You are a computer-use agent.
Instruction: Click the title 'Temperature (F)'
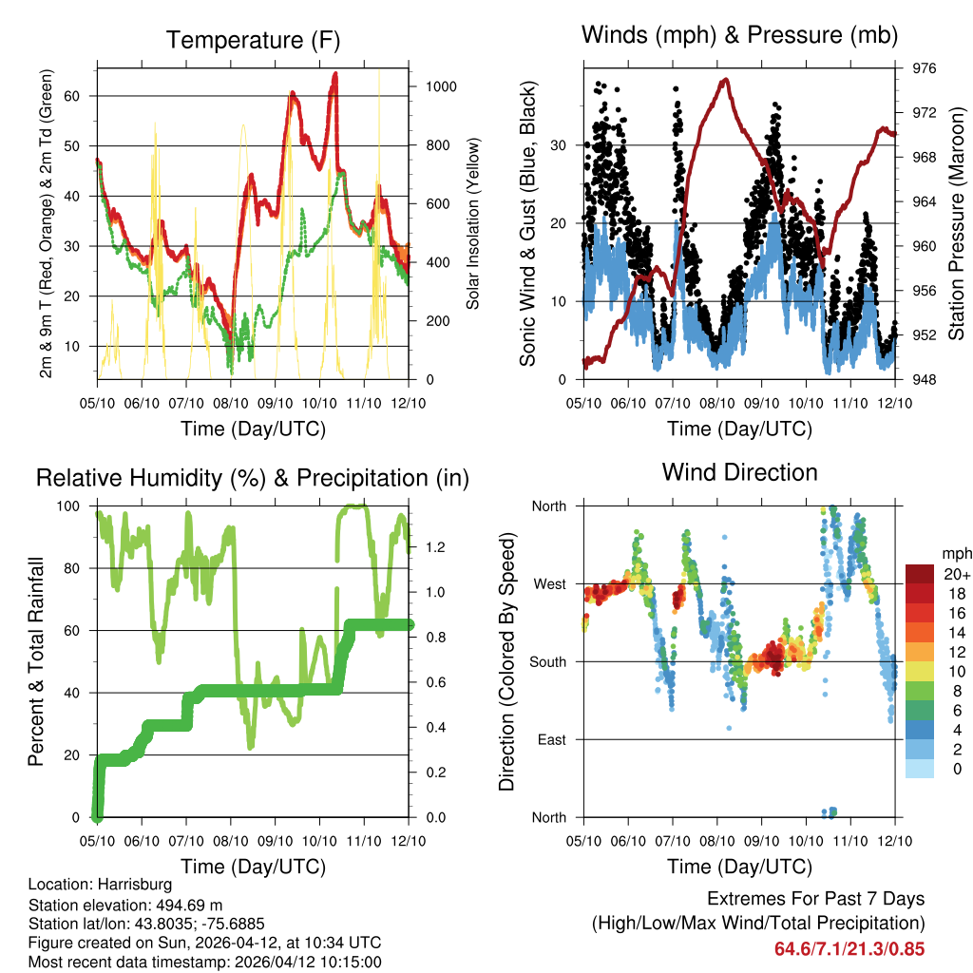point(253,40)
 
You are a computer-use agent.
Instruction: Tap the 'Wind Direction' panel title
point(739,471)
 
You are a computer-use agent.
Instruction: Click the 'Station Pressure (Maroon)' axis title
point(956,223)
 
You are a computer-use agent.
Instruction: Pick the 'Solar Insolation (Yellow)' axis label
point(472,223)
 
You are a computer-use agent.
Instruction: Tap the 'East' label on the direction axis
point(552,739)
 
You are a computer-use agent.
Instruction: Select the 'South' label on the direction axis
point(548,661)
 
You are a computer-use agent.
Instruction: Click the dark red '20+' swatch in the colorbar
point(920,574)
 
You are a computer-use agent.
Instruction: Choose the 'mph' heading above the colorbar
point(955,553)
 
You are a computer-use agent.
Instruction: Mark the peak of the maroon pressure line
point(726,80)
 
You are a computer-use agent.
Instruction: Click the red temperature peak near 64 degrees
point(334,74)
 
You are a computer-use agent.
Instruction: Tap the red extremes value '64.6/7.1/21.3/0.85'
point(849,948)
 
